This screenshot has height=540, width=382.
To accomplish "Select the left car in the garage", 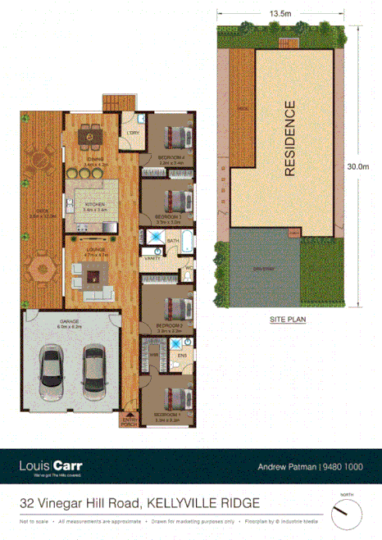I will (x=51, y=367).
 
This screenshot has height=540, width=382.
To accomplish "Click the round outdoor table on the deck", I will (x=39, y=159).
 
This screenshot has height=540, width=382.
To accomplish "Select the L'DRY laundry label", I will (x=132, y=134).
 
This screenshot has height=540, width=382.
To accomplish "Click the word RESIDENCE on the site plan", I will (x=289, y=138).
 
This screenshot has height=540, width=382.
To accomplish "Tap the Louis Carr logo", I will (x=50, y=467).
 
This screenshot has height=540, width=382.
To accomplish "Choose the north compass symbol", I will (x=347, y=514).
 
